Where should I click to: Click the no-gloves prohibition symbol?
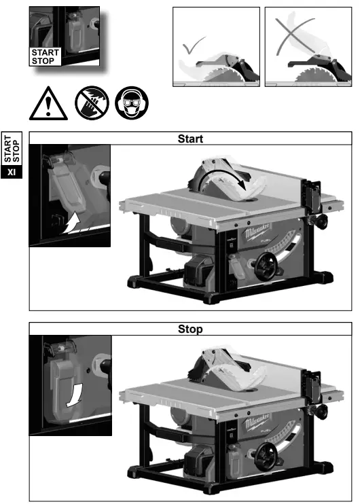point(88,103)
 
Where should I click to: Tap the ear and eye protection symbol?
point(130,103)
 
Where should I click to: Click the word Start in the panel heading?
point(190,139)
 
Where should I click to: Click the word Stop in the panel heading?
point(190,329)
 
